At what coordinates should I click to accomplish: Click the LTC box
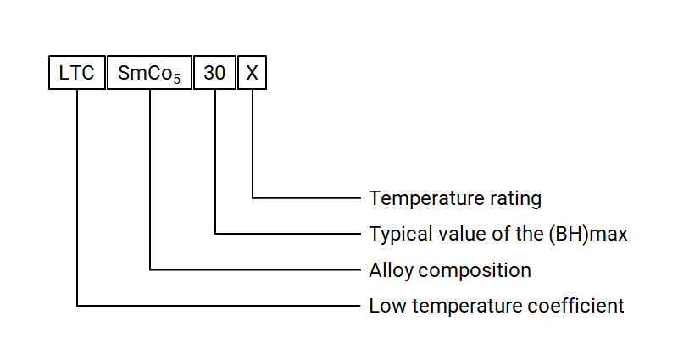pos(76,73)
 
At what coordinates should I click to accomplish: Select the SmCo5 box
pos(149,73)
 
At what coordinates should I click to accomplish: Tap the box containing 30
pos(215,73)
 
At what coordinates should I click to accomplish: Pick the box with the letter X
pos(252,73)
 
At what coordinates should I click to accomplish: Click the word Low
pos(386,306)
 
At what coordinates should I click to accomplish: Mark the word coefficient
pos(582,306)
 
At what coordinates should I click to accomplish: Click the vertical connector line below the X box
pos(252,144)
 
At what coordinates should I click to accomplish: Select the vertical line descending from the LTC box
pos(77,195)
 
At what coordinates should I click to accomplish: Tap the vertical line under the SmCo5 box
pos(150,178)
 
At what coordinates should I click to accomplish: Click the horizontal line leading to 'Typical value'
pos(288,233)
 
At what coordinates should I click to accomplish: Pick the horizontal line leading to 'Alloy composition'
pos(254,269)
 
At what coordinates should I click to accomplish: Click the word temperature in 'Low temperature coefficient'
pos(470,306)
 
